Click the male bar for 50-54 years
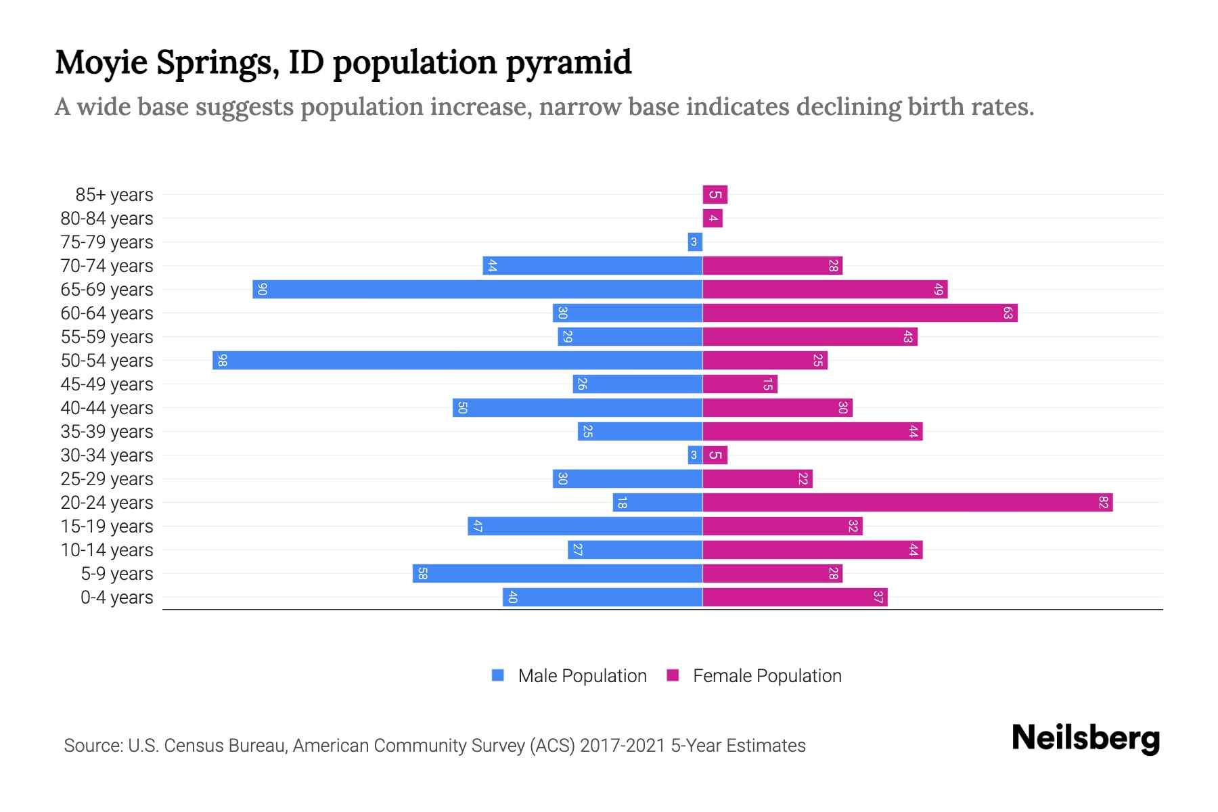coord(457,360)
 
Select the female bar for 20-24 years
coord(907,502)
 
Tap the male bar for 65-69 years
coord(478,289)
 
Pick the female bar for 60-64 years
coord(860,313)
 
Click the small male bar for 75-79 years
coord(695,242)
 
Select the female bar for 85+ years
coord(715,195)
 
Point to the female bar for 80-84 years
coord(713,219)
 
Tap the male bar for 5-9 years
coord(558,573)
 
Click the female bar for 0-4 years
coord(795,597)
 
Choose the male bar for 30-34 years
coord(695,455)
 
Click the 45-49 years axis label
coord(107,384)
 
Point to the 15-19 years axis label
coord(107,526)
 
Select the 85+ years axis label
coord(114,195)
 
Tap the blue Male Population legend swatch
coord(498,675)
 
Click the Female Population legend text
coord(767,676)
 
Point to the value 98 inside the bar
coord(222,360)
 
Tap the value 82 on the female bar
coord(1104,502)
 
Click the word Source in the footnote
coord(93,746)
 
